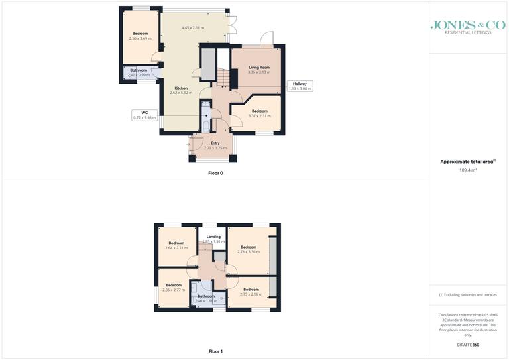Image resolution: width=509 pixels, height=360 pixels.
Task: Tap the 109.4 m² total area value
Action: pyautogui.click(x=468, y=170)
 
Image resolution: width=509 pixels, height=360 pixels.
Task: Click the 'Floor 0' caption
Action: pyautogui.click(x=215, y=173)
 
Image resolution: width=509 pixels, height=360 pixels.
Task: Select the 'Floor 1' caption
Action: pyautogui.click(x=215, y=351)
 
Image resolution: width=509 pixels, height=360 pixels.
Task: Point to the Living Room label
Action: pyautogui.click(x=259, y=68)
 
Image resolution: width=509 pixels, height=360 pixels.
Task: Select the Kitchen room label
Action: pyautogui.click(x=181, y=88)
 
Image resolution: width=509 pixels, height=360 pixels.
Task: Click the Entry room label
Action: pyautogui.click(x=215, y=143)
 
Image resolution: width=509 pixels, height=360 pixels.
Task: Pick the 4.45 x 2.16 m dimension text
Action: pyautogui.click(x=193, y=28)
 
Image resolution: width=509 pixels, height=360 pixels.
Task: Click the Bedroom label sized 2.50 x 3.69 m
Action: pyautogui.click(x=140, y=34)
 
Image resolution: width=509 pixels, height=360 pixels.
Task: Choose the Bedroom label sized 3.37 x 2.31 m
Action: pyautogui.click(x=259, y=111)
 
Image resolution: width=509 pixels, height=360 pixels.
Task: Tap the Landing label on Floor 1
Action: pyautogui.click(x=213, y=237)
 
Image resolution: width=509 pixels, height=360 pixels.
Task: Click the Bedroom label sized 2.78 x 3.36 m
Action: pyautogui.click(x=248, y=247)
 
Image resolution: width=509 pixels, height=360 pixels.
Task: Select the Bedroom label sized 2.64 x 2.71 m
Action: pyautogui.click(x=176, y=243)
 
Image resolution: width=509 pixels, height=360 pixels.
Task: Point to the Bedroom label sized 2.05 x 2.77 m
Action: pyautogui.click(x=173, y=285)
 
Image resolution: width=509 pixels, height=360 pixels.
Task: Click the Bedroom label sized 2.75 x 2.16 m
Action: pyautogui.click(x=251, y=290)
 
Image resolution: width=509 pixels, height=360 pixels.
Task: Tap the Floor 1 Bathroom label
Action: pyautogui.click(x=205, y=296)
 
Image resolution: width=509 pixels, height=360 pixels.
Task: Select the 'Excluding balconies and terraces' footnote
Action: pyautogui.click(x=468, y=294)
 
